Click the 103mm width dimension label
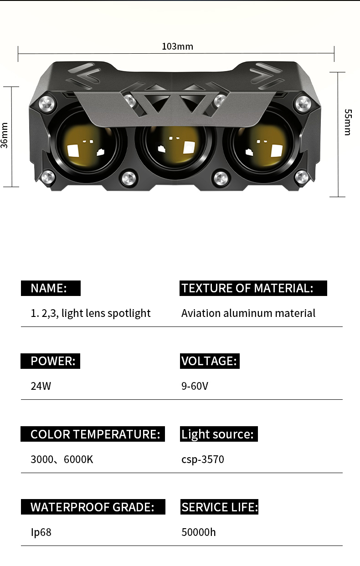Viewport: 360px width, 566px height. (177, 46)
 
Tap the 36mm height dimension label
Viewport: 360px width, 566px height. (5, 135)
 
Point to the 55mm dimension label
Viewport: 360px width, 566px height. (348, 122)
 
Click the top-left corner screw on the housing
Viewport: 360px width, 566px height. (47, 104)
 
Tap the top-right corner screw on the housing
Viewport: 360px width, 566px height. (303, 104)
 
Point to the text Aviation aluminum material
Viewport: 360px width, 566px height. (248, 313)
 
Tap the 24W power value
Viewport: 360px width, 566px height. (41, 386)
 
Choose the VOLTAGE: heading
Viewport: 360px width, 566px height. (210, 361)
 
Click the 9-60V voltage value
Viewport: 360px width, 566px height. (195, 386)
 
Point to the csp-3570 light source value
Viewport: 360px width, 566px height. (203, 459)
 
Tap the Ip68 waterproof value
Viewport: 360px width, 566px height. (41, 532)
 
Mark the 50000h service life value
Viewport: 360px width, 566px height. (198, 532)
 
